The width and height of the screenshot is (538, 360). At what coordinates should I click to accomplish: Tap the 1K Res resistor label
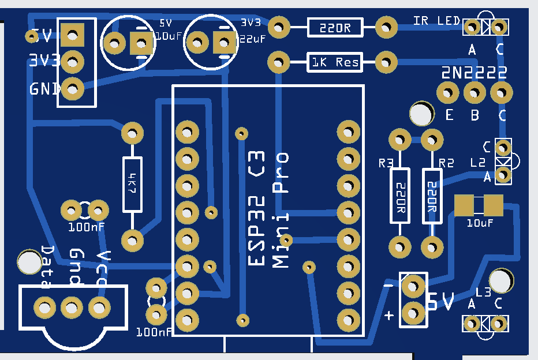[x=335, y=62]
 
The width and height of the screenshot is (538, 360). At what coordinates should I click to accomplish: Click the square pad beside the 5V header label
[x=73, y=35]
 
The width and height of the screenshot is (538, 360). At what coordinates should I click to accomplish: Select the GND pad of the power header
[x=73, y=88]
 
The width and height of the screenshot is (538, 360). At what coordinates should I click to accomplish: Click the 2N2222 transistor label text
[x=475, y=73]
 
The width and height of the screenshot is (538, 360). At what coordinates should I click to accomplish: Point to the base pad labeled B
[x=475, y=92]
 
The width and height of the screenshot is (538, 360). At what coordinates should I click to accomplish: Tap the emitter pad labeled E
[x=446, y=92]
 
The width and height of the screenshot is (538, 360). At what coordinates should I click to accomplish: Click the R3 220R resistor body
[x=399, y=196]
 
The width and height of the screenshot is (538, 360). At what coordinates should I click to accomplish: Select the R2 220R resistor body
[x=432, y=196]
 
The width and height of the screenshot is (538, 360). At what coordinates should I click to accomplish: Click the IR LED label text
[x=436, y=21]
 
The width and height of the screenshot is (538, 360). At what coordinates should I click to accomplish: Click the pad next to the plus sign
[x=413, y=313]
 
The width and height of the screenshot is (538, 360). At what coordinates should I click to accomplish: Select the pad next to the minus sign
[x=413, y=286]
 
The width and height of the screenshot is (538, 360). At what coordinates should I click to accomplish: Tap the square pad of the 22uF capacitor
[x=223, y=42]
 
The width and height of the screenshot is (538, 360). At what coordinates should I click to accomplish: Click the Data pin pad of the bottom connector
[x=44, y=306]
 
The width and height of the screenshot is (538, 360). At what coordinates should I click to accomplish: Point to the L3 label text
[x=484, y=291]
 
